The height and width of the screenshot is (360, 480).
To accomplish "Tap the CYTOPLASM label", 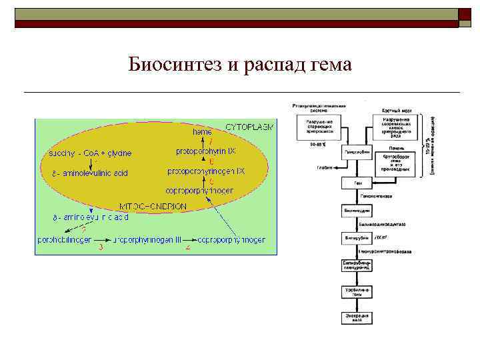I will (249, 126).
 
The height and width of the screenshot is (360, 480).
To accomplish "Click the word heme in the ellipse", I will (203, 133).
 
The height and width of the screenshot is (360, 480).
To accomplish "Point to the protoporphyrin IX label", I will (205, 151).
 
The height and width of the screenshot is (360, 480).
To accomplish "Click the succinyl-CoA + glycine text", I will (86, 153).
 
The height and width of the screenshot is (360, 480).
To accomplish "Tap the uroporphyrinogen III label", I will (147, 239).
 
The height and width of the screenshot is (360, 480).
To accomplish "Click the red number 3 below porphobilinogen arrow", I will (101, 248).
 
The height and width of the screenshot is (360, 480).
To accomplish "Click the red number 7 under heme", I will (211, 141).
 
